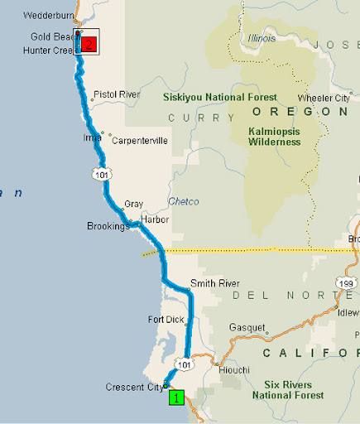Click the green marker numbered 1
(x=176, y=397)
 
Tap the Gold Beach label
(x=50, y=37)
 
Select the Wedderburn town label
(x=49, y=15)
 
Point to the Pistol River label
(x=117, y=94)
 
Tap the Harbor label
(x=155, y=219)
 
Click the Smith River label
(x=214, y=282)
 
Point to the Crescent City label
(x=132, y=387)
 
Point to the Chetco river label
(x=184, y=201)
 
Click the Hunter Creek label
(x=48, y=50)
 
